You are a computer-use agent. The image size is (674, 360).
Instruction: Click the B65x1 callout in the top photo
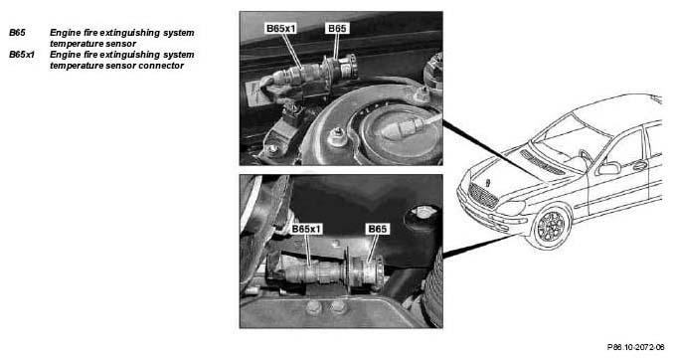pos(281,29)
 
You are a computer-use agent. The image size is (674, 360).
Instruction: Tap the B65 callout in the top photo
pos(337,29)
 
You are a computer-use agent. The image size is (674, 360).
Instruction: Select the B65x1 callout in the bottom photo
pos(306,229)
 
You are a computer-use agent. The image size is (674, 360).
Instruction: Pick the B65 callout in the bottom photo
pos(378,229)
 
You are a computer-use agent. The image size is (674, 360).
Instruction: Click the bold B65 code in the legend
pos(18,33)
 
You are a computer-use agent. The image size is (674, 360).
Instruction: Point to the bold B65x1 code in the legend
pos(22,55)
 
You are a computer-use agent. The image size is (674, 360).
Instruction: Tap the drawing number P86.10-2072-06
pos(636,347)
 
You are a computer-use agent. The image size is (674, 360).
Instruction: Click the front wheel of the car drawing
pos(551,227)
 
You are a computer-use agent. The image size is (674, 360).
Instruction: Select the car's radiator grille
pos(482,196)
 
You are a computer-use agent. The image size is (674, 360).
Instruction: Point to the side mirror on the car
pos(609,168)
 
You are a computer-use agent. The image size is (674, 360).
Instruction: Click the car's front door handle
pos(640,166)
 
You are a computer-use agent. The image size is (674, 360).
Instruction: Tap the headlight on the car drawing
pos(512,209)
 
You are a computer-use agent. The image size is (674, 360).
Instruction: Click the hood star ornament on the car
pos(488,182)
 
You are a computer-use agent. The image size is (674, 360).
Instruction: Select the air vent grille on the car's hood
pos(542,162)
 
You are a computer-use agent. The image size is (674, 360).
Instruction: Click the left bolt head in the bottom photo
pos(314,307)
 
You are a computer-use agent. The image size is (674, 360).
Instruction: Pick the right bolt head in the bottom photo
pos(338,307)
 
